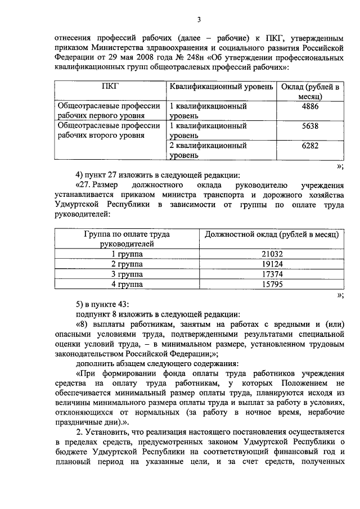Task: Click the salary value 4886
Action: (x=310, y=106)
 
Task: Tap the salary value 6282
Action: (x=310, y=146)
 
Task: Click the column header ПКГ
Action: (x=110, y=87)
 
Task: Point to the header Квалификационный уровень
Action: (x=221, y=87)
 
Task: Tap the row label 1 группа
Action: (x=127, y=254)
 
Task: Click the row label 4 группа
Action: (x=127, y=284)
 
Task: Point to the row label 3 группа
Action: (x=127, y=274)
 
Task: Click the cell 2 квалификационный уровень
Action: (x=208, y=150)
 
